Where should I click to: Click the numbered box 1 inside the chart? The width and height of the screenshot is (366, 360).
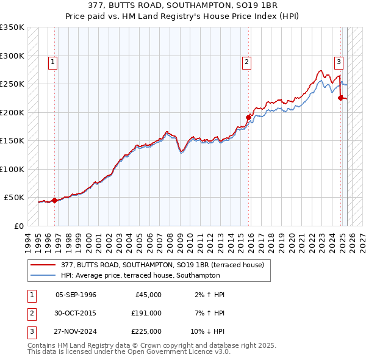click(x=53, y=62)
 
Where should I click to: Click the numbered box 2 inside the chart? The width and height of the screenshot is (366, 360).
click(x=246, y=62)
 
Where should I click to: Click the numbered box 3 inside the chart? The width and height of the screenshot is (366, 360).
click(x=339, y=62)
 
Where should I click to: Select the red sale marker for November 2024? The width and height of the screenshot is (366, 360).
click(x=341, y=98)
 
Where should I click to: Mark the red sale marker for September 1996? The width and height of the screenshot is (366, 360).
click(x=54, y=200)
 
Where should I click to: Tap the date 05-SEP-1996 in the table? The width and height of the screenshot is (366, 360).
click(x=76, y=295)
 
